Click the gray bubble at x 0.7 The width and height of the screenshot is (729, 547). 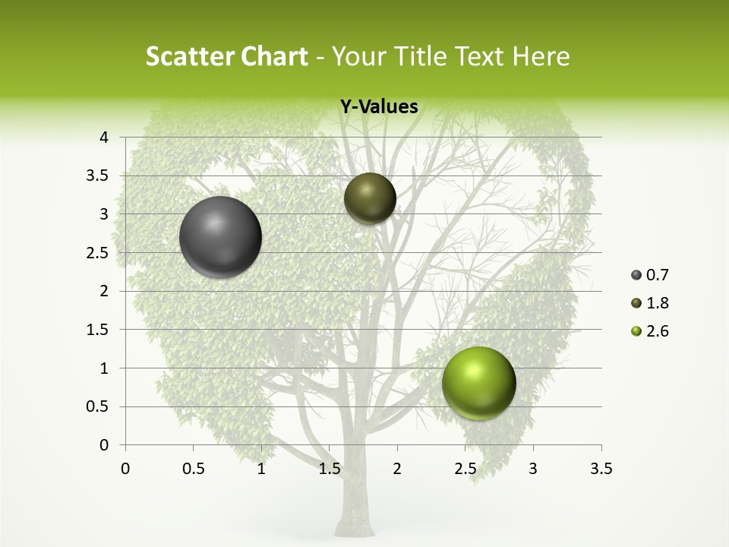(220, 237)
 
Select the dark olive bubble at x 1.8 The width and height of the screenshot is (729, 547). (370, 199)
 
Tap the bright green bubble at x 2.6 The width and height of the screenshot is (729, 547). (478, 383)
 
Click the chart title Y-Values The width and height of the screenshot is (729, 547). (378, 107)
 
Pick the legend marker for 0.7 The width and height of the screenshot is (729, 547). (636, 275)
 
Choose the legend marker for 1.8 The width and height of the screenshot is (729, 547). (636, 303)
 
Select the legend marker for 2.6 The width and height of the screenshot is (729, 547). (636, 331)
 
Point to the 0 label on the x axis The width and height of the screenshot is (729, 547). (125, 469)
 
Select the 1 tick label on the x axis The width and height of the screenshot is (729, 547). (261, 469)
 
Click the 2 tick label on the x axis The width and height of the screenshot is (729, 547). (397, 469)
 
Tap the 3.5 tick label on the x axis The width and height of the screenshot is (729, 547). (601, 469)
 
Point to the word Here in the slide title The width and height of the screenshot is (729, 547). (541, 56)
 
